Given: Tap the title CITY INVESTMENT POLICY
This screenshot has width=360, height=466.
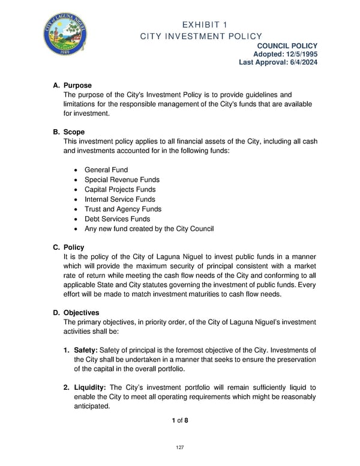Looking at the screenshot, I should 200,37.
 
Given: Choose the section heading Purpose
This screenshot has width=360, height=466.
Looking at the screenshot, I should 77,86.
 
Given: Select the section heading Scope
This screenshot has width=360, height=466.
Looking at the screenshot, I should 74,132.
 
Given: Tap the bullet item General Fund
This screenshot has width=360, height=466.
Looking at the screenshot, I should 106,170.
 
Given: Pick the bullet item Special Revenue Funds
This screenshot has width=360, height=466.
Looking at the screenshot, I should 122,180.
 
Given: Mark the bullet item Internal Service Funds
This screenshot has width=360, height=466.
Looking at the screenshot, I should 119,199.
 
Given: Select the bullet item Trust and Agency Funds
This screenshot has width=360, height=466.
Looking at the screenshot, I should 123,209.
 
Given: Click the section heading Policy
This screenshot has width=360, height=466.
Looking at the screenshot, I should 74,247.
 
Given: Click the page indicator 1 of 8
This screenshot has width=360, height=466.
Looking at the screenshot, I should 179,420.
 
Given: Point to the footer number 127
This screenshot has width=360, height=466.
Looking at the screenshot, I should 179,447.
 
